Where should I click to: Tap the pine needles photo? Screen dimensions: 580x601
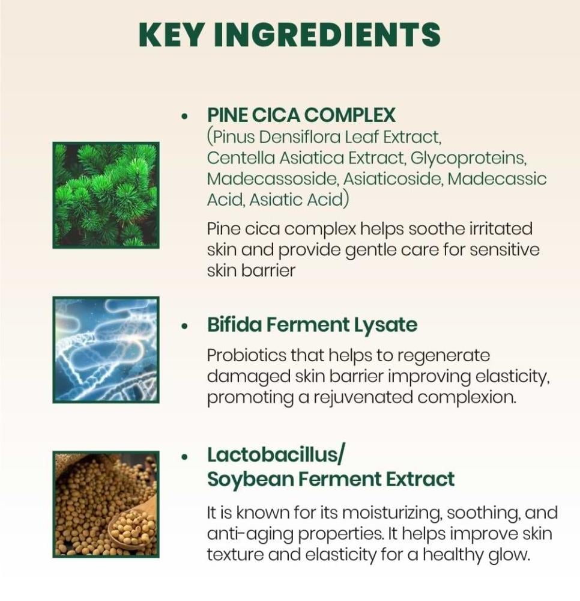coord(106,195)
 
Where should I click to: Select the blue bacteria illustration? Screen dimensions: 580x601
coord(106,350)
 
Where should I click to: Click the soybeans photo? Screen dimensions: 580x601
coord(106,504)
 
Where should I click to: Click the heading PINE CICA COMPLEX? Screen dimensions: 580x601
coord(301,115)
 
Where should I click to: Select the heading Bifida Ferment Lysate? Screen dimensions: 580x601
coord(312,325)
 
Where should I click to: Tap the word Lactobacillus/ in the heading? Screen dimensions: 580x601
coord(276,454)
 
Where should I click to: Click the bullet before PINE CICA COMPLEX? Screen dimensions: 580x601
coord(186,116)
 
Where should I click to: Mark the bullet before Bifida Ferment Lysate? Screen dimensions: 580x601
coord(186,326)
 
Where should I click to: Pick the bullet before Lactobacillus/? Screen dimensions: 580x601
coord(186,457)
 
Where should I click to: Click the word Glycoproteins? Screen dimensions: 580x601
coord(468,159)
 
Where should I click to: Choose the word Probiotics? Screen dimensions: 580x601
coord(247,355)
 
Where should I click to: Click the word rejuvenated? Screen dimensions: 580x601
coord(363,398)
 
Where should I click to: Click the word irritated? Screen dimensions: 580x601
coord(501,229)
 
